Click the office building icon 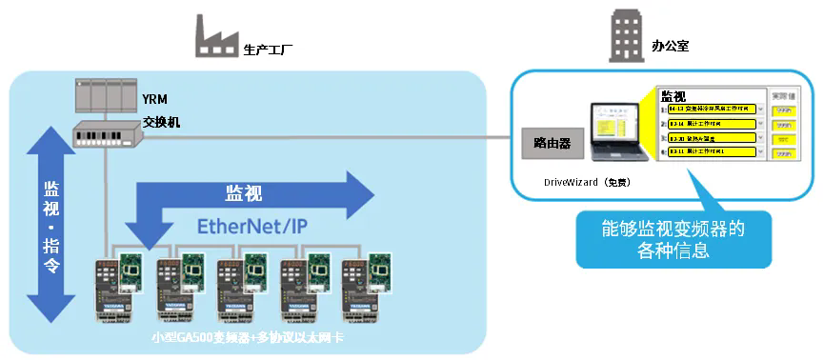click(x=626, y=37)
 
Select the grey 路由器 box click(x=551, y=144)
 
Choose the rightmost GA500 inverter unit click(x=360, y=290)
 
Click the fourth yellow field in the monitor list click(x=711, y=151)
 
